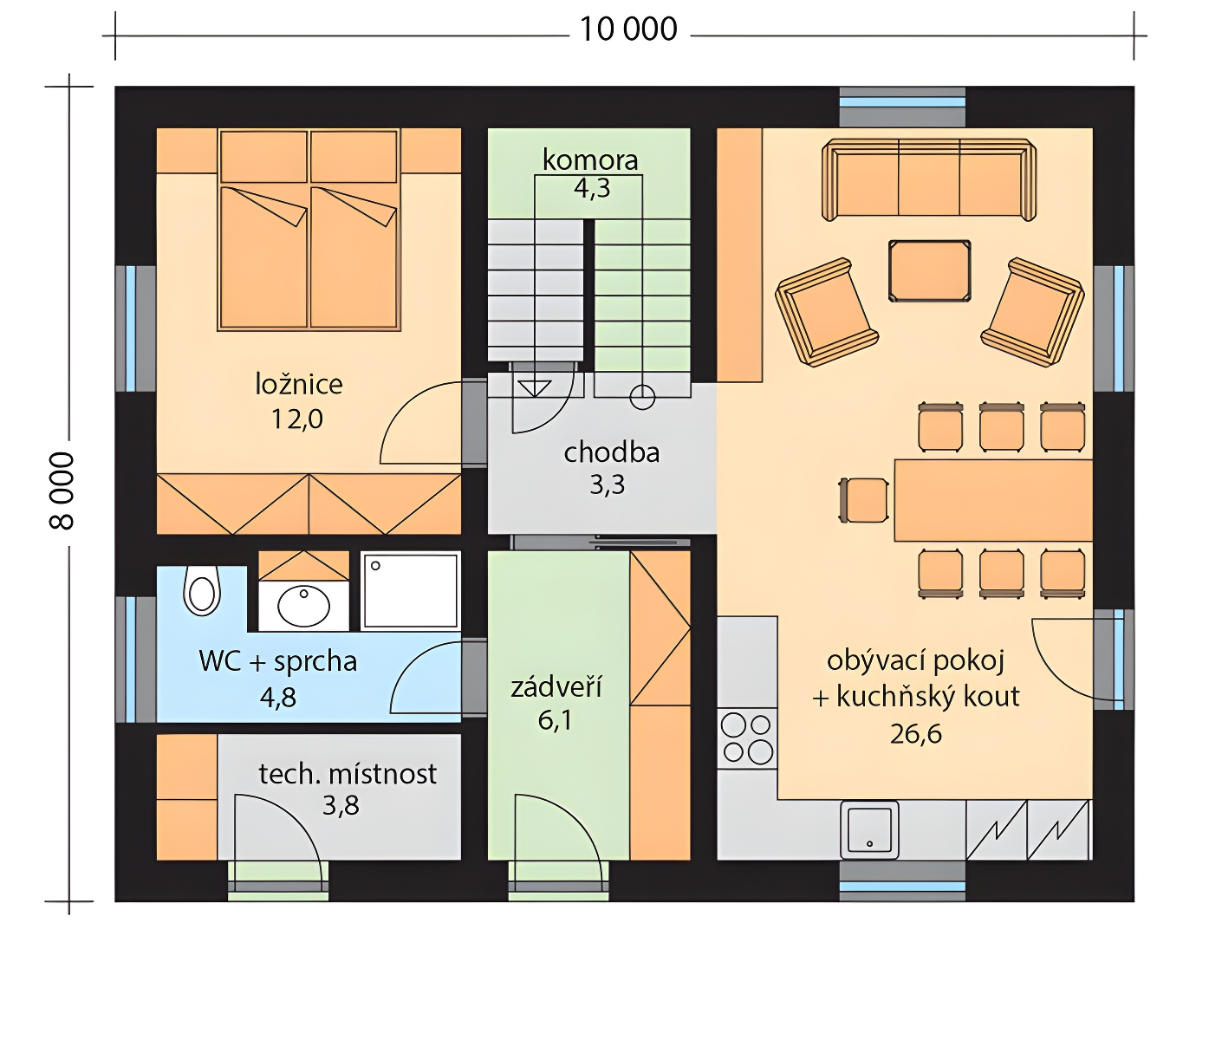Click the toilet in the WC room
[202, 589]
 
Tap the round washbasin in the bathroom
[304, 606]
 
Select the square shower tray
[410, 589]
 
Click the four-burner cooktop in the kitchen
[747, 738]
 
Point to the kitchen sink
[869, 829]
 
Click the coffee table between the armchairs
[930, 270]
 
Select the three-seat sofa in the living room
[929, 179]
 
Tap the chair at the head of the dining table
[864, 500]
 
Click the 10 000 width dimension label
[628, 29]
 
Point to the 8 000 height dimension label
[62, 491]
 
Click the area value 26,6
[916, 734]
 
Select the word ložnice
[298, 384]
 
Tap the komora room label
[590, 160]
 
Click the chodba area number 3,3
[608, 484]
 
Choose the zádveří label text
[556, 687]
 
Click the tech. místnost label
[348, 774]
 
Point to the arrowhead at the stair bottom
[535, 388]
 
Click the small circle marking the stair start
[642, 397]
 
